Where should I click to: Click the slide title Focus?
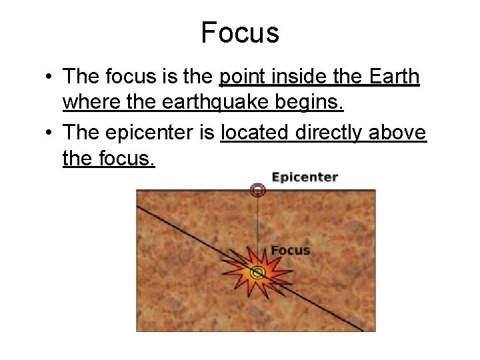[x=240, y=32]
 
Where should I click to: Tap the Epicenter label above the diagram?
[x=305, y=177]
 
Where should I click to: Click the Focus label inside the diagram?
[x=290, y=251]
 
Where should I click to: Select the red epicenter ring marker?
[x=257, y=191]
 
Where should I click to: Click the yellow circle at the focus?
[x=257, y=272]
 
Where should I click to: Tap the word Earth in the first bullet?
[x=393, y=78]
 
